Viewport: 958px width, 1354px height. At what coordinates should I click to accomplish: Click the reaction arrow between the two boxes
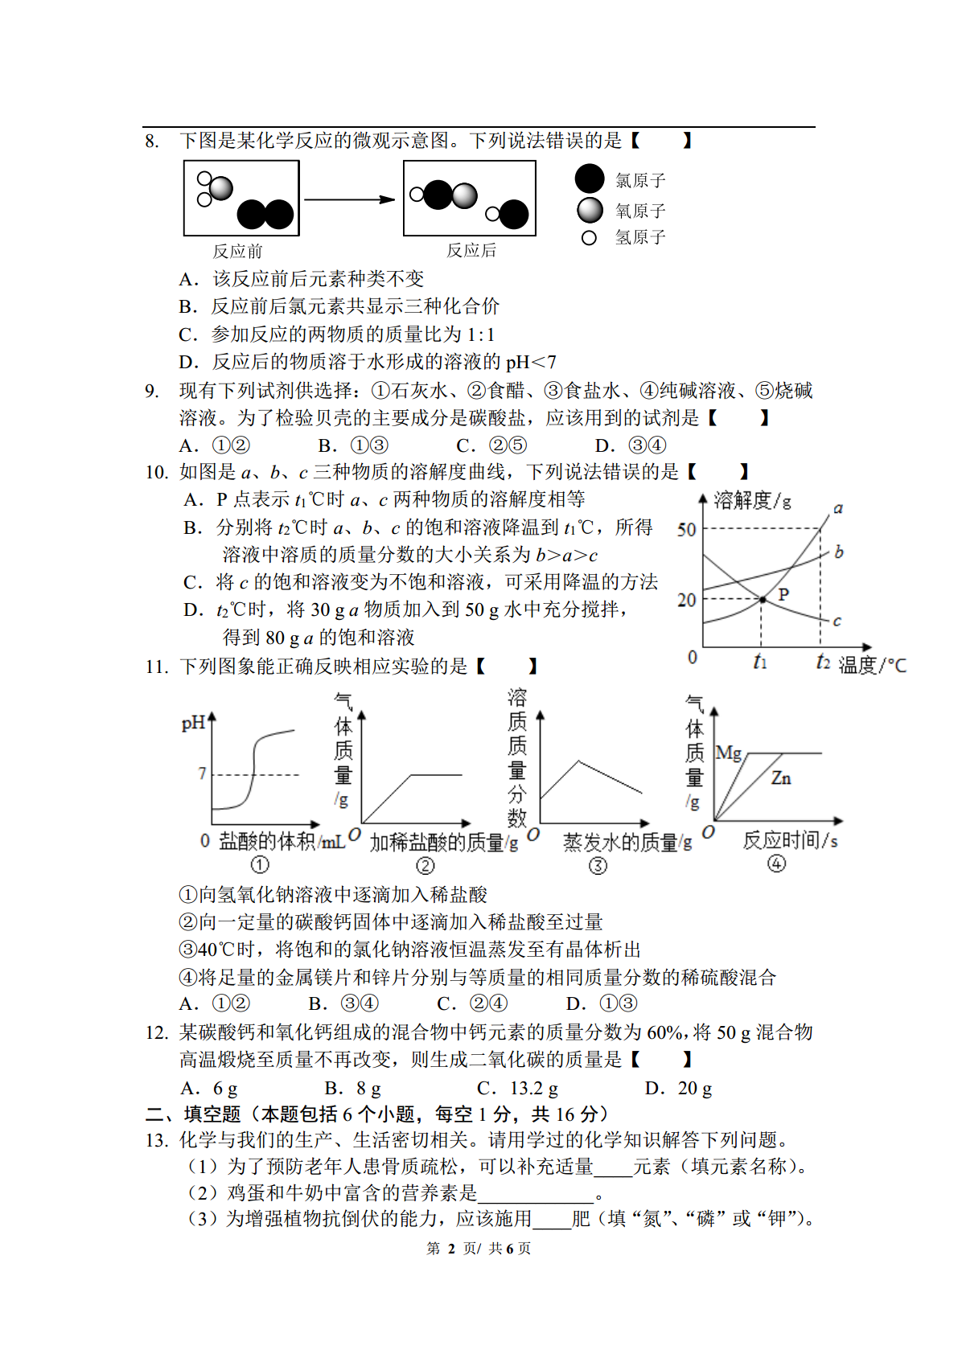point(350,199)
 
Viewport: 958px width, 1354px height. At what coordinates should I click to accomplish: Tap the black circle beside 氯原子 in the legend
point(590,178)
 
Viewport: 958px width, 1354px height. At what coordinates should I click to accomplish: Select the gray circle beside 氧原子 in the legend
point(590,210)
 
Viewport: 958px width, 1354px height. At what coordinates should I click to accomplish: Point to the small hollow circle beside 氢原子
point(589,238)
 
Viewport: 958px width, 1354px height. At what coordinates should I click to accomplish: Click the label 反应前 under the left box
point(237,252)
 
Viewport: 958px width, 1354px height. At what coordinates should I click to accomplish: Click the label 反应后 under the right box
point(471,251)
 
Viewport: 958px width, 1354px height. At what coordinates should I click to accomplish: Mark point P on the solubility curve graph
point(763,599)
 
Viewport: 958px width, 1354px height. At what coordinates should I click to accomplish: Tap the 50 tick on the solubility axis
point(686,530)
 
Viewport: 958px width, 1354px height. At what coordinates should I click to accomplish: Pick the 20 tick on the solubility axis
point(686,600)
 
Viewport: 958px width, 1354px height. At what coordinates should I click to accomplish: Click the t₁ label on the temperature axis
point(760,662)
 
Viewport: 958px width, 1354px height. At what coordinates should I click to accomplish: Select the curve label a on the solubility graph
point(838,508)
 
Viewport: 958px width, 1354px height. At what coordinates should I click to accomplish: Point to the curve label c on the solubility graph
point(837,621)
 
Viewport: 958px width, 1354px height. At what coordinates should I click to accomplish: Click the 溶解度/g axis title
point(752,501)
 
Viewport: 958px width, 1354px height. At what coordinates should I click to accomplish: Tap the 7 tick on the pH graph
point(202,773)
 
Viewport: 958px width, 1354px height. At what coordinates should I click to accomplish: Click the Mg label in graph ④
point(729,753)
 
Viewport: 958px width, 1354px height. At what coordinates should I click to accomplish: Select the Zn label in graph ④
point(781,778)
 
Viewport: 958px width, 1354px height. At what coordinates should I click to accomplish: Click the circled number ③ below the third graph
point(598,866)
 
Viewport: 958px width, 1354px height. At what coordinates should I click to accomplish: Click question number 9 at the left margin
point(151,392)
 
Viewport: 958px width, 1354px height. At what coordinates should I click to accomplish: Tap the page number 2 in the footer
point(451,1249)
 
